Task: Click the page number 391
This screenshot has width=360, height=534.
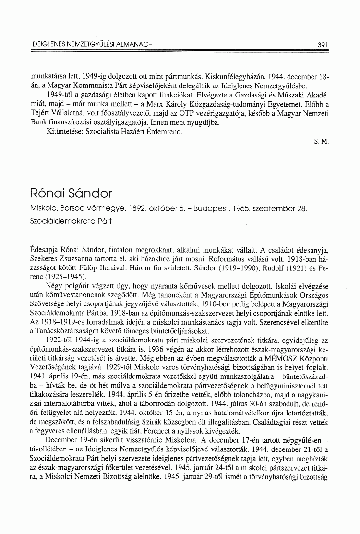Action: point(323,44)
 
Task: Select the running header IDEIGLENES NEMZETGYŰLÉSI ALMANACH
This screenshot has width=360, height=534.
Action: point(91,44)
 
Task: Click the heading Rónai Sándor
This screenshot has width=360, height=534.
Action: point(71,194)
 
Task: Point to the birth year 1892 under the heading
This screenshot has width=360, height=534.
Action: point(135,209)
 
